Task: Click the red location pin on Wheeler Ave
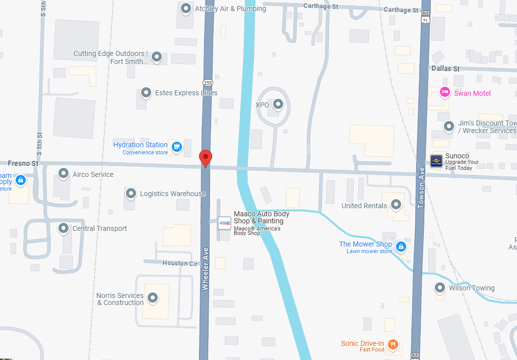click(206, 157)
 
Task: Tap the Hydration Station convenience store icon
click(176, 147)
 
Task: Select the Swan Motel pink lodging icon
click(444, 92)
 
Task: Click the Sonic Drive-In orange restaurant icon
click(393, 345)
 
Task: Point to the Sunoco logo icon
click(436, 161)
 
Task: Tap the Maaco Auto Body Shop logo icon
click(225, 223)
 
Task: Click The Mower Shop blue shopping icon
click(401, 247)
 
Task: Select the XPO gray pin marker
click(278, 104)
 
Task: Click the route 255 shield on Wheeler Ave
click(207, 82)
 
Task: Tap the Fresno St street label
click(23, 163)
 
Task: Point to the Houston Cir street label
click(180, 263)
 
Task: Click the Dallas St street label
click(445, 69)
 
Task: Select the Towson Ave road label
click(421, 188)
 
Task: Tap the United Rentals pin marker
click(396, 204)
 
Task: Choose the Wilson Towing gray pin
click(440, 288)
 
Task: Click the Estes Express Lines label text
click(186, 93)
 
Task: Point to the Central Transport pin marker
click(63, 228)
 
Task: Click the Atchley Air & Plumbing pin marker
click(186, 8)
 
